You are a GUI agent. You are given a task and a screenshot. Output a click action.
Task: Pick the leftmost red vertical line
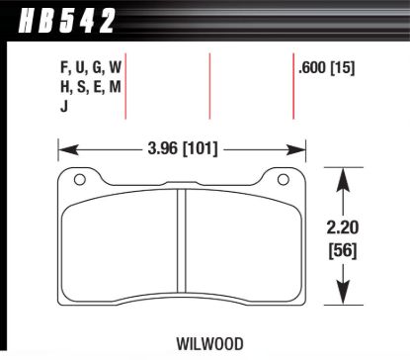coord(125,86)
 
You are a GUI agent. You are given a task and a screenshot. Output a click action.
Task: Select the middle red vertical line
coord(210,86)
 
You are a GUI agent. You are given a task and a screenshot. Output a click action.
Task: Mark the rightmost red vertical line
coord(292,86)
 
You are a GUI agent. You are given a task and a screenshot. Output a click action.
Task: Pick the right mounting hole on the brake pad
coord(281,180)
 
